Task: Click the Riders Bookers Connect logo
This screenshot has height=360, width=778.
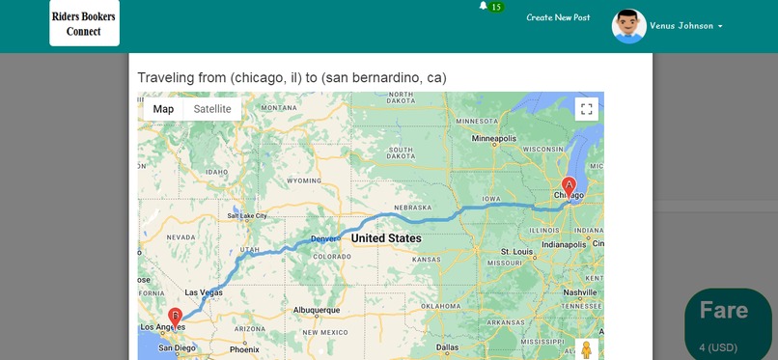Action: (85, 23)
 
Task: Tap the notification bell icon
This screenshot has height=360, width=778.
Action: (484, 6)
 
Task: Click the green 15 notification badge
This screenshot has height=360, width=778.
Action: (496, 7)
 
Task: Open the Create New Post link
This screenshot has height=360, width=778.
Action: (558, 17)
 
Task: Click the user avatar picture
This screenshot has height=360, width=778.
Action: (628, 26)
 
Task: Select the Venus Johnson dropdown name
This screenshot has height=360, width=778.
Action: (685, 26)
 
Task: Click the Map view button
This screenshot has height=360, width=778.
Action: (163, 109)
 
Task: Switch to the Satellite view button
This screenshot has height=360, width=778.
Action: (212, 109)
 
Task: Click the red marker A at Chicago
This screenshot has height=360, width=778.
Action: (569, 184)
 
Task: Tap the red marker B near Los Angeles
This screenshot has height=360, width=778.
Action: (175, 316)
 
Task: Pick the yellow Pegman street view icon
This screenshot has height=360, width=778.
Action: (586, 350)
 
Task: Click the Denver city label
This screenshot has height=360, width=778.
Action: (325, 238)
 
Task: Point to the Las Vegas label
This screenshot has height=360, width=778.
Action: (204, 292)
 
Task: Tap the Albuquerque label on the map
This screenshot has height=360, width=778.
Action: (317, 310)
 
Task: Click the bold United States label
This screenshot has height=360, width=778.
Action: (386, 238)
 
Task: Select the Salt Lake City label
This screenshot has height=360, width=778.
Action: (247, 216)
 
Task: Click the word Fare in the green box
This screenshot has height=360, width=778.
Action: (724, 310)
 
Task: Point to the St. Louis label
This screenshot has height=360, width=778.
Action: (517, 253)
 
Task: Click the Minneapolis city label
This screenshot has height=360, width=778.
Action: (494, 139)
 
